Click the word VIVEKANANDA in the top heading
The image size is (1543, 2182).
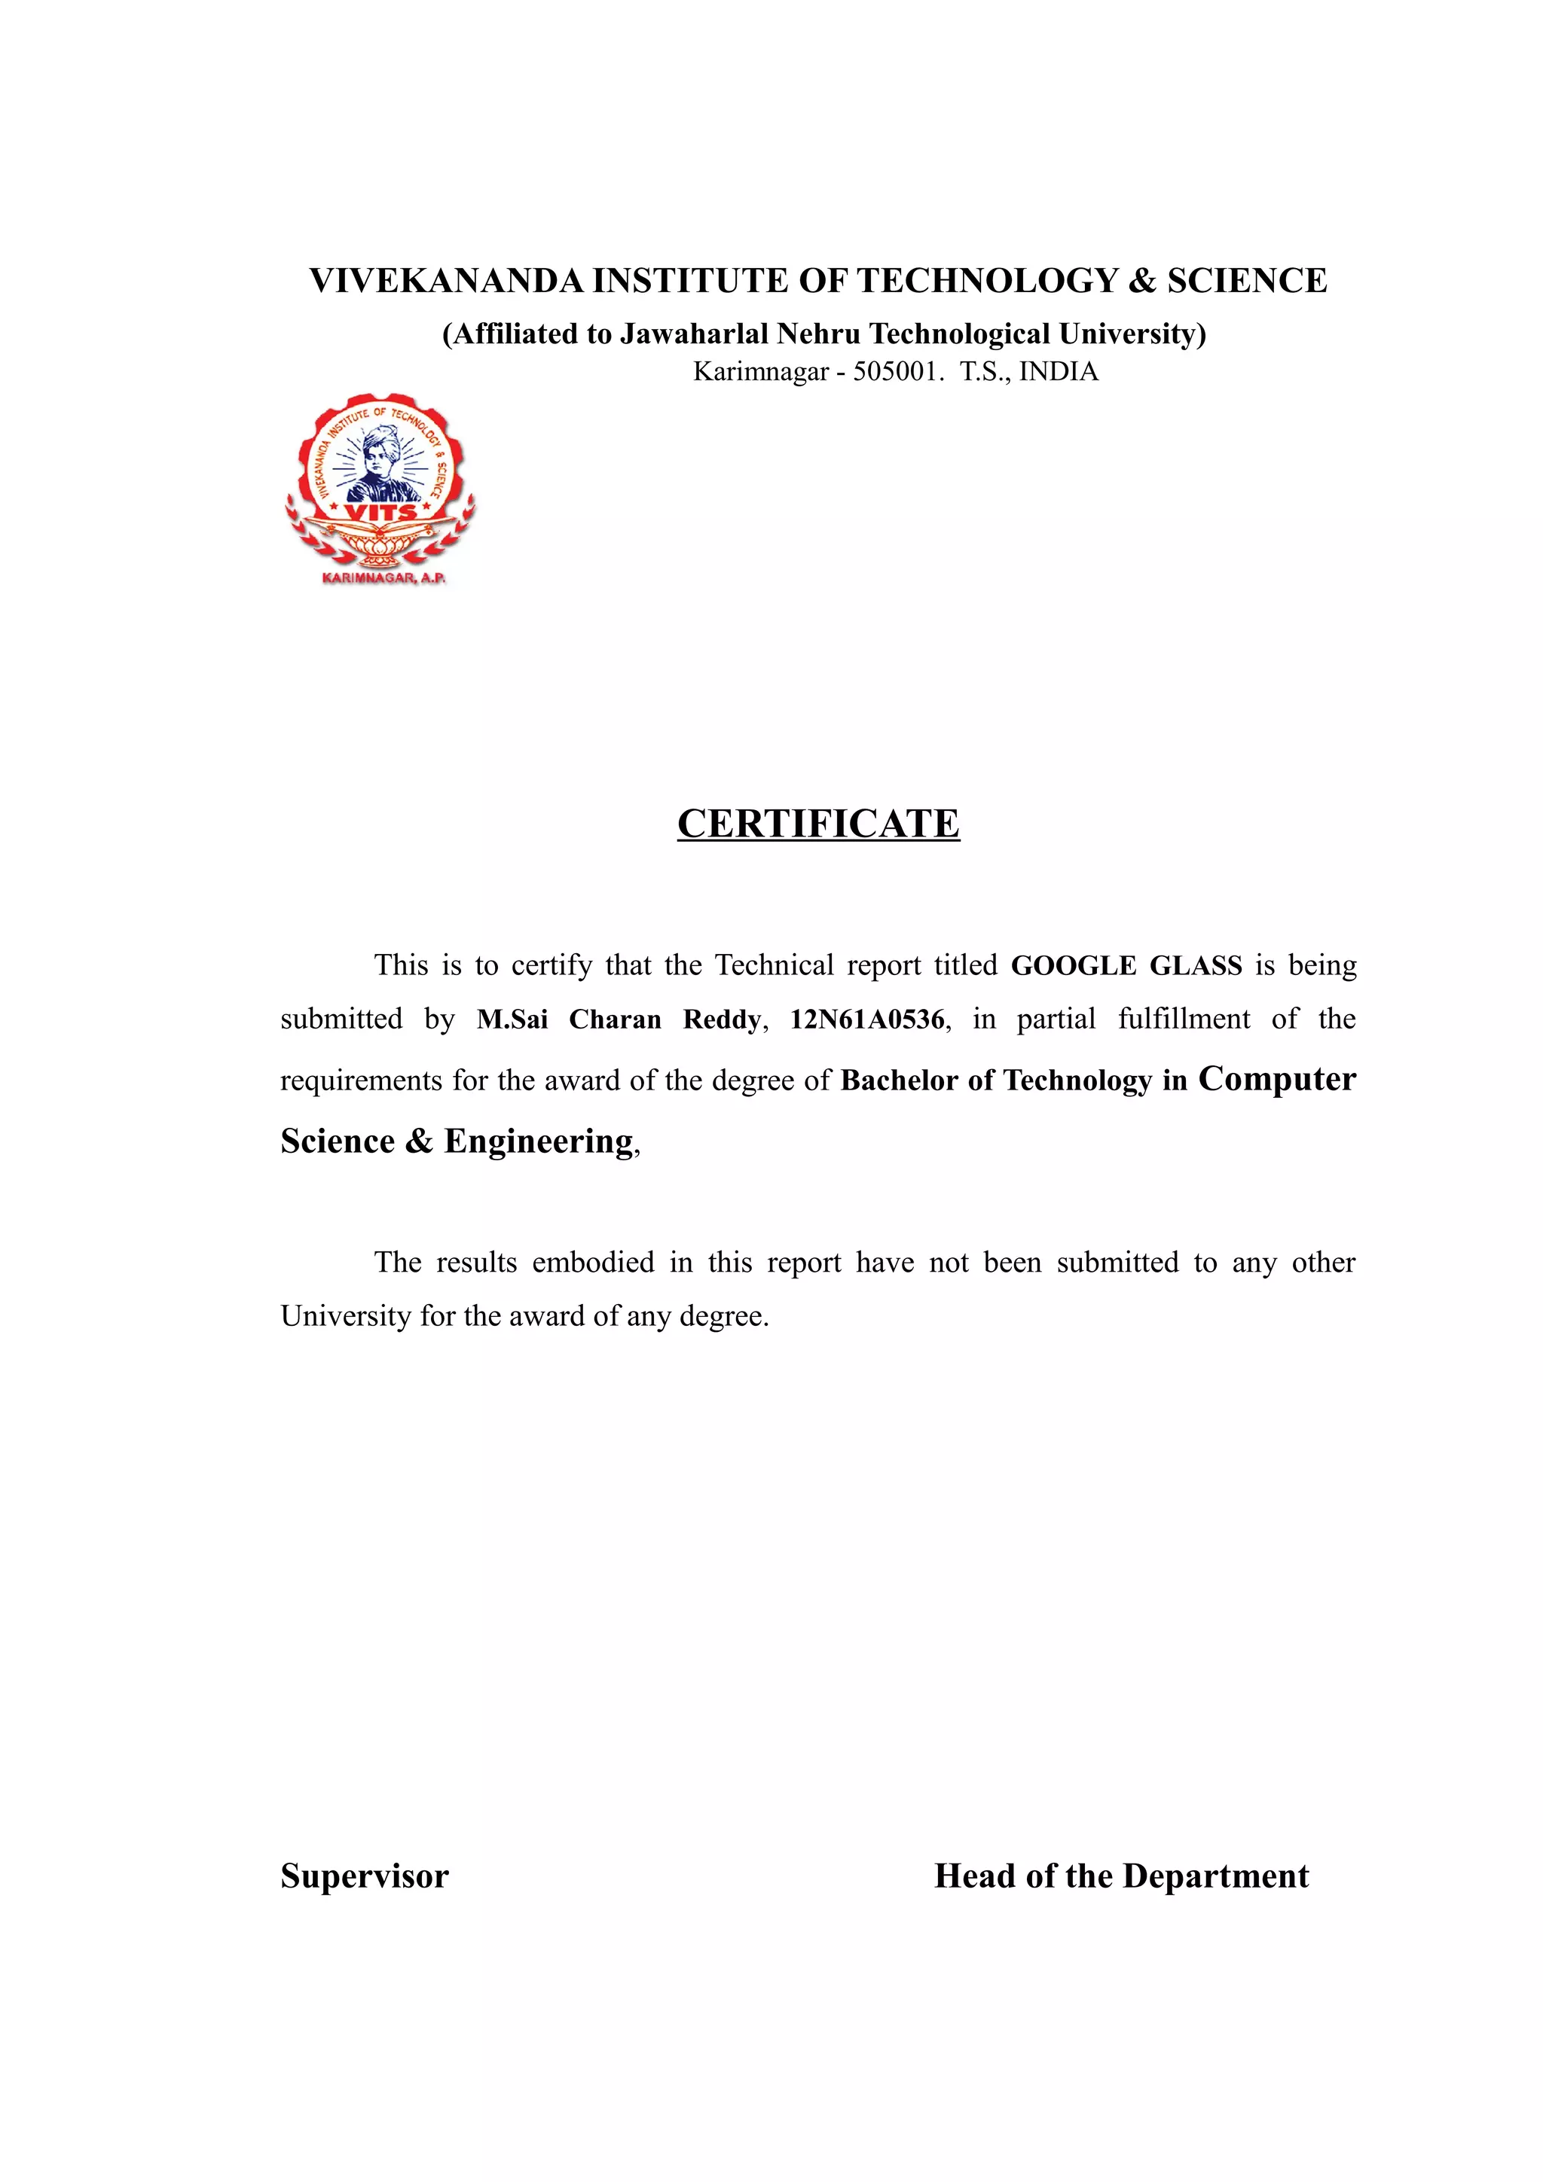coord(446,282)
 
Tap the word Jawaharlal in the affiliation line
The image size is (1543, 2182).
coord(694,334)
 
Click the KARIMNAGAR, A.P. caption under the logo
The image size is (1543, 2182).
coord(383,577)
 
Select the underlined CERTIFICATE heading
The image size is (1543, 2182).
coord(818,824)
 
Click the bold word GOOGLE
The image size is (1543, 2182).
coord(1074,965)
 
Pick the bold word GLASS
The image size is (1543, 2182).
coord(1195,965)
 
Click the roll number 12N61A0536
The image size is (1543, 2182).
coord(867,1019)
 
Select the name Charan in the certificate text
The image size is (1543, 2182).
coord(614,1019)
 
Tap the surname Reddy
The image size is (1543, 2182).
coord(722,1019)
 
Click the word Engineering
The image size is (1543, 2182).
coord(538,1141)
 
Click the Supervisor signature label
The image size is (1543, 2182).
coord(364,1876)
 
